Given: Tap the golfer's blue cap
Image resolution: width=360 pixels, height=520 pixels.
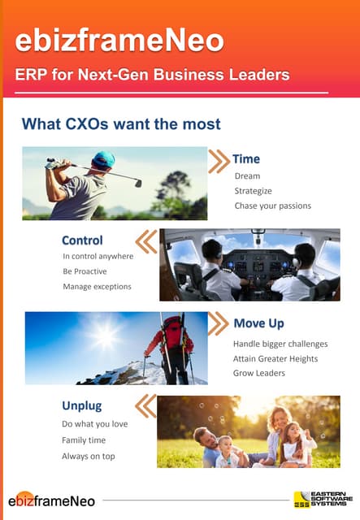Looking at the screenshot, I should (x=103, y=159).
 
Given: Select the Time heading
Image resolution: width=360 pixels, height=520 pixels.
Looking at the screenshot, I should (x=246, y=158).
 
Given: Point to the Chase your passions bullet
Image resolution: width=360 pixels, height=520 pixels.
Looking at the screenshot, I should (x=272, y=206).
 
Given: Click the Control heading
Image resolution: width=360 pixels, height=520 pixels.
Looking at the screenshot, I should (x=82, y=240).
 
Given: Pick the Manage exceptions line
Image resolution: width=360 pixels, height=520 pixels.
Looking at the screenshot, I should (x=97, y=286).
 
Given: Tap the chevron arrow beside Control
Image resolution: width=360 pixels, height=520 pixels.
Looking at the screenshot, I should (x=145, y=241).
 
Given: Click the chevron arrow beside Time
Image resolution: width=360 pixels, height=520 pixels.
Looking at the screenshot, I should (x=219, y=161).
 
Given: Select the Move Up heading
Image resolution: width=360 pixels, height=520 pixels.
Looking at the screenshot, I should (x=261, y=323).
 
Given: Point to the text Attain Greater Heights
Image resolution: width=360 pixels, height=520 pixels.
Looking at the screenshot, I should (x=275, y=358).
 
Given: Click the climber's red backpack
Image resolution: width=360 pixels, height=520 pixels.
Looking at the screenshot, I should (x=173, y=333).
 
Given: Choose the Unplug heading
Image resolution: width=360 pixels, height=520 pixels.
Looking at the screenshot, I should (x=82, y=405).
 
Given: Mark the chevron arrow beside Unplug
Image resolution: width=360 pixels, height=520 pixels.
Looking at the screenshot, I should (x=145, y=405).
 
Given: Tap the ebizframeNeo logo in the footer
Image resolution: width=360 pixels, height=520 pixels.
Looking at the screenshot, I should (x=52, y=500).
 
